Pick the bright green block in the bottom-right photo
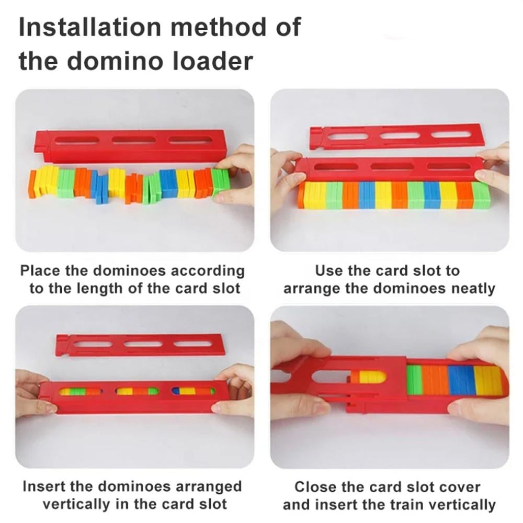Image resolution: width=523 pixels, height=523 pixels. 415,378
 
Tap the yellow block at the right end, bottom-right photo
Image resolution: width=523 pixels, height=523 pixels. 488,381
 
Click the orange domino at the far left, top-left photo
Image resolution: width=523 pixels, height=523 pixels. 32,184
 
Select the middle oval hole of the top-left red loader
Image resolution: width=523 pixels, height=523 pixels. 133,140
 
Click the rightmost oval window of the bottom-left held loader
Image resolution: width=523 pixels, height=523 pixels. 193,391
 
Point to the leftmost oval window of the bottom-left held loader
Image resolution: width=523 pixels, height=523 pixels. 80,391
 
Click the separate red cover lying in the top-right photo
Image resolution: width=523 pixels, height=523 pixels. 395,137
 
